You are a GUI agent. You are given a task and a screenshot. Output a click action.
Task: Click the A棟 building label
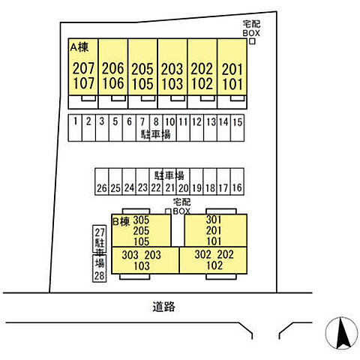79,47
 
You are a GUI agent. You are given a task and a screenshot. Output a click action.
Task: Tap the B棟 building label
121,221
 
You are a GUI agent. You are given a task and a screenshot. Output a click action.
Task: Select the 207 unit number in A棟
83,68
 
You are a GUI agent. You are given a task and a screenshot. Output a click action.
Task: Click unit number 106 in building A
113,83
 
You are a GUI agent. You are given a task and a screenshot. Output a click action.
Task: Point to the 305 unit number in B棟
141,220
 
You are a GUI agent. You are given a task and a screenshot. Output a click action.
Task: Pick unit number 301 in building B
214,220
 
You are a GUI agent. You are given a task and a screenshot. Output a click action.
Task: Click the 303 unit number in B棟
130,255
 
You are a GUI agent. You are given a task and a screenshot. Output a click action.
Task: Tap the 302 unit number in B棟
203,254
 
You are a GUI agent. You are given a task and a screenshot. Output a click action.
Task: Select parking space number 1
75,121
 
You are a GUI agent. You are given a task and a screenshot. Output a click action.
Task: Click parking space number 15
238,122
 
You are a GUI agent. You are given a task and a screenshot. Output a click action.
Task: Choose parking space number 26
102,188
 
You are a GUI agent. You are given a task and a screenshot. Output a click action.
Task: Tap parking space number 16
237,187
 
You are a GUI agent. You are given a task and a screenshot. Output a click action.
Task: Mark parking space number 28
99,275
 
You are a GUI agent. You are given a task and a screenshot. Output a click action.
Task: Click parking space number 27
100,232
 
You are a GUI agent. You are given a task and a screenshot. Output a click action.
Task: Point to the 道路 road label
163,307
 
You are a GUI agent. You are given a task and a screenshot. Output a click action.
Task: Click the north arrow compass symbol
341,333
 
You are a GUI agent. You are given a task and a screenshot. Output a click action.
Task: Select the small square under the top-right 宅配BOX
252,41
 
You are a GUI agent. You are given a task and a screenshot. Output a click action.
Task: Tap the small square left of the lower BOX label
168,211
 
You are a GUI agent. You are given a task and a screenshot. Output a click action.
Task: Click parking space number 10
169,122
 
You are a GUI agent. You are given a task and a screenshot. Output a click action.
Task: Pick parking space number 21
169,187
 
